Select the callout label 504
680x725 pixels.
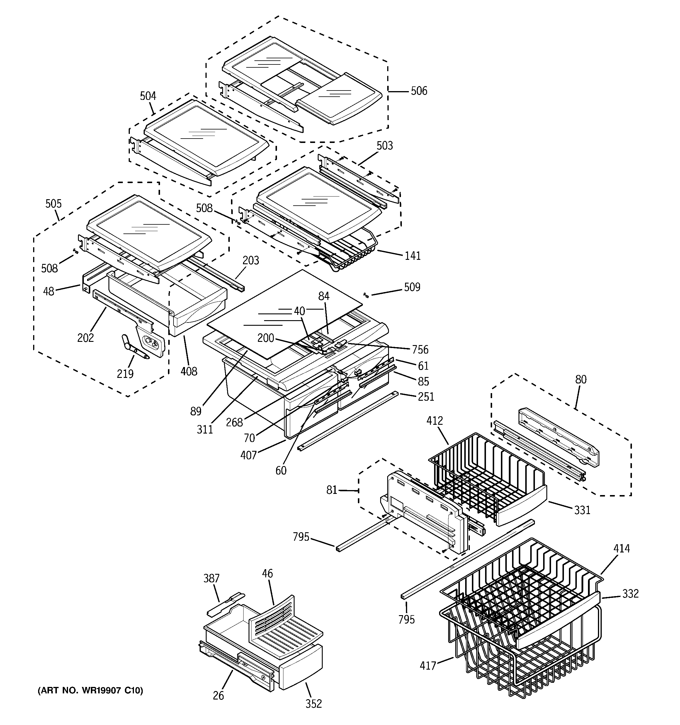148,96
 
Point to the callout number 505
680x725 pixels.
53,204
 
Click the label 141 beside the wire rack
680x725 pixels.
412,256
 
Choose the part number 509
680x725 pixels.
412,287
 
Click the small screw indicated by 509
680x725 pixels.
366,295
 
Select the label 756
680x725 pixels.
420,350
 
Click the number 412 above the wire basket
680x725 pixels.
434,421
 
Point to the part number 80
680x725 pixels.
580,380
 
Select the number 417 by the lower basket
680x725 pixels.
428,666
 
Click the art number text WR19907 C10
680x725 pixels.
90,691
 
